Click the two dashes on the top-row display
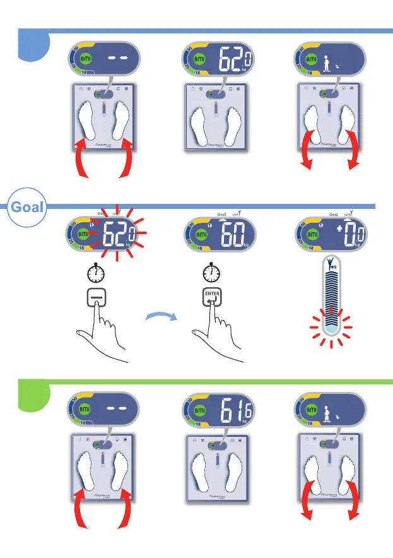(x=117, y=57)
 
